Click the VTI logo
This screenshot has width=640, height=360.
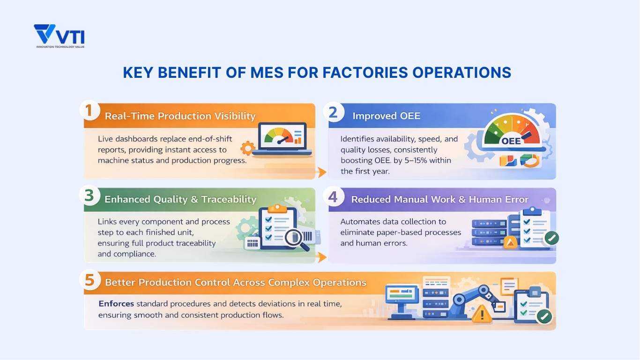tap(59, 36)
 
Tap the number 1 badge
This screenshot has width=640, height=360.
tap(89, 112)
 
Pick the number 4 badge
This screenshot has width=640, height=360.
tap(333, 196)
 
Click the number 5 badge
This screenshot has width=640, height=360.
tap(90, 280)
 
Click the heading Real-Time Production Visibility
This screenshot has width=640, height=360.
tap(180, 116)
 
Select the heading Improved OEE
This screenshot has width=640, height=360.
tap(386, 116)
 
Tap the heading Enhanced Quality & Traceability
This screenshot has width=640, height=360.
tap(180, 199)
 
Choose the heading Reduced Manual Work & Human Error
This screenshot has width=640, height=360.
tap(439, 199)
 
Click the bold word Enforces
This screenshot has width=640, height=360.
tap(116, 304)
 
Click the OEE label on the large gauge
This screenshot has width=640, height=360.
tap(511, 141)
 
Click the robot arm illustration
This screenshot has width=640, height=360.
tap(469, 300)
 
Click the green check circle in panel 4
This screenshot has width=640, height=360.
tap(551, 238)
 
